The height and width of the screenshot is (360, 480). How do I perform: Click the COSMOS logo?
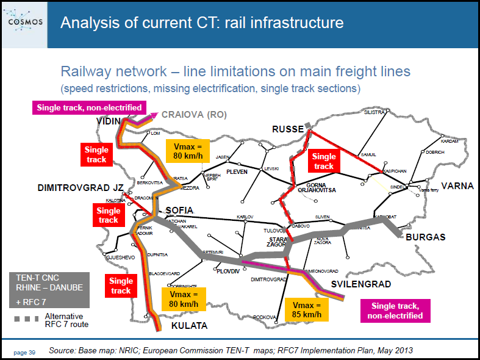(24, 23)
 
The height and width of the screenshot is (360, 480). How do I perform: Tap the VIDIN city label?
(109, 122)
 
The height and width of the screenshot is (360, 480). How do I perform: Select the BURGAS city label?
(426, 237)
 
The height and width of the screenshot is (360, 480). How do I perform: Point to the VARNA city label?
(457, 185)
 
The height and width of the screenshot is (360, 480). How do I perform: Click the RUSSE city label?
(288, 129)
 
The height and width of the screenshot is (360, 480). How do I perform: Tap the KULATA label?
(189, 326)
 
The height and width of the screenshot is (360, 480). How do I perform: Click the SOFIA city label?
(179, 211)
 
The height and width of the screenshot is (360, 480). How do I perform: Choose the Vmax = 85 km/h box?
(307, 309)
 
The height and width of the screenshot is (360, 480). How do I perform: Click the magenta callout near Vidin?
(89, 107)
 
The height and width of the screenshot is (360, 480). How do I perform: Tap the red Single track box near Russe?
(324, 161)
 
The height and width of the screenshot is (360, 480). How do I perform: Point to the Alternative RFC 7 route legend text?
(66, 320)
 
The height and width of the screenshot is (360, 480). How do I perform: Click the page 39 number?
(24, 352)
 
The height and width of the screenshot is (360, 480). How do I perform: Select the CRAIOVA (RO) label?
(192, 115)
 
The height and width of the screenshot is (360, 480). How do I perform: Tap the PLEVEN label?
(238, 172)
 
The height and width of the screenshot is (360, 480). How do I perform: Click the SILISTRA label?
(375, 112)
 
